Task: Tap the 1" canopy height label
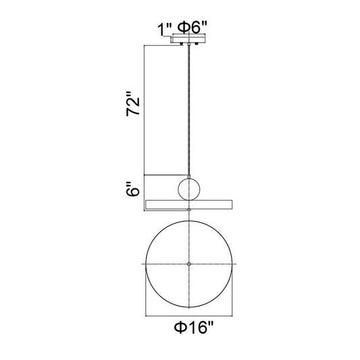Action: pos(164,29)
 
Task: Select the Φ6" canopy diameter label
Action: pos(192,27)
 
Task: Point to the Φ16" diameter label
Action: pos(194,328)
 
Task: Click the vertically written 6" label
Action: pos(133,189)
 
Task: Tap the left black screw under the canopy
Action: pos(182,44)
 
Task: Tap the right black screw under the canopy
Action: pos(196,44)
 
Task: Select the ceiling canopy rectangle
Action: pos(189,39)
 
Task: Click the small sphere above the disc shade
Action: pos(189,189)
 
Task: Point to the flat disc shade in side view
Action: pos(189,205)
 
